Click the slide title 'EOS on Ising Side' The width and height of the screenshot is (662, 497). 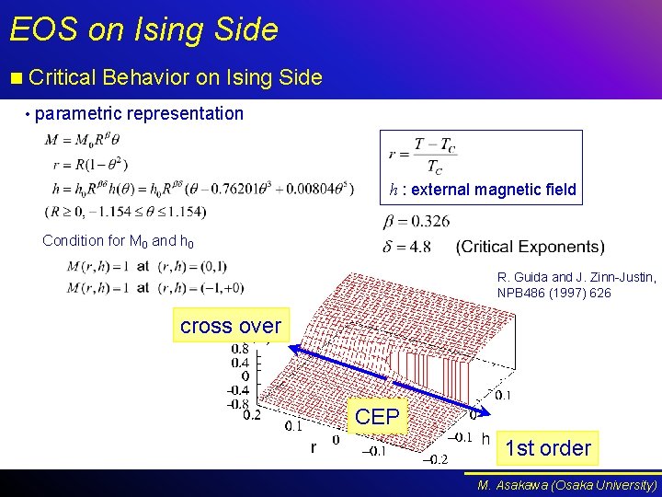pyautogui.click(x=143, y=29)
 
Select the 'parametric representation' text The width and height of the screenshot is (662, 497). pyautogui.click(x=139, y=114)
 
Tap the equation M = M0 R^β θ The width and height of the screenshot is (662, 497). pyautogui.click(x=83, y=140)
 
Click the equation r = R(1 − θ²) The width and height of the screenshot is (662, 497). pyautogui.click(x=88, y=164)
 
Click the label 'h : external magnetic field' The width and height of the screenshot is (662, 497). pyautogui.click(x=483, y=190)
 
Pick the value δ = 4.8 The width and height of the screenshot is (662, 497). pyautogui.click(x=406, y=247)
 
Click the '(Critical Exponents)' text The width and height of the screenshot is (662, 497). pyautogui.click(x=530, y=247)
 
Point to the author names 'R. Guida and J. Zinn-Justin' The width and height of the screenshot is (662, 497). pyautogui.click(x=576, y=277)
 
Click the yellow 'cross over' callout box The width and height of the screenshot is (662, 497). pyautogui.click(x=231, y=326)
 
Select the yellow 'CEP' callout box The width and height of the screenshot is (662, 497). pyautogui.click(x=377, y=417)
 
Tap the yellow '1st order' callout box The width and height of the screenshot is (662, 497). pyautogui.click(x=548, y=448)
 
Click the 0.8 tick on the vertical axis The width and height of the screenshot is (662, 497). pyautogui.click(x=239, y=349)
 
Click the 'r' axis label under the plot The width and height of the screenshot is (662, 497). pyautogui.click(x=314, y=448)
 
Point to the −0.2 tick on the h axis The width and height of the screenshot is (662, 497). pyautogui.click(x=436, y=458)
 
